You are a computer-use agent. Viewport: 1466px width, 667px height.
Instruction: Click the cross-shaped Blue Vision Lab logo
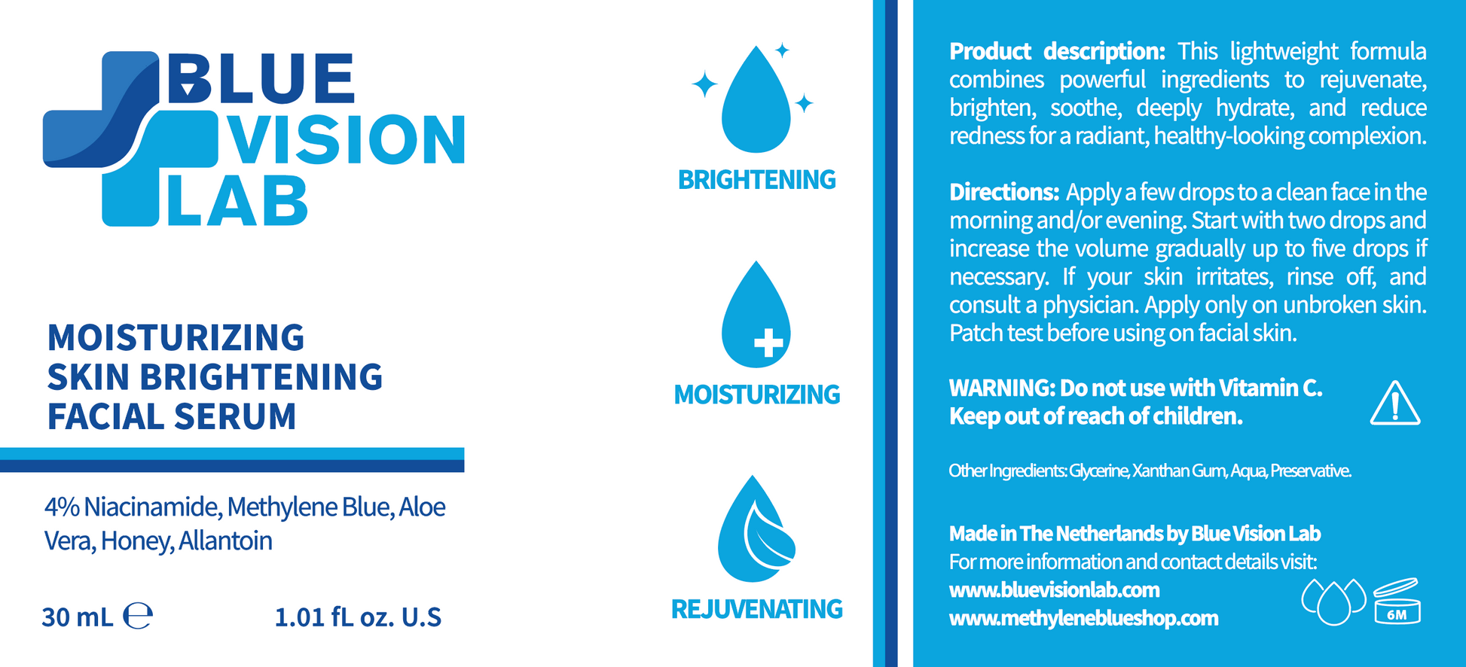click(130, 139)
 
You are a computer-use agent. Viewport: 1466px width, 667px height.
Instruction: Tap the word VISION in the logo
click(347, 139)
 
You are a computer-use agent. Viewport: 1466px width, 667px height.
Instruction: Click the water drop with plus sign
click(756, 315)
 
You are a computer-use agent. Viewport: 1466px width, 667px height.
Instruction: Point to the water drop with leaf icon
click(756, 528)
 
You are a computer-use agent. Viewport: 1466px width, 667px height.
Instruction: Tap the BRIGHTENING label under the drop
click(756, 180)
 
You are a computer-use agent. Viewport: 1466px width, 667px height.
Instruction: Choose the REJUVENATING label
click(756, 609)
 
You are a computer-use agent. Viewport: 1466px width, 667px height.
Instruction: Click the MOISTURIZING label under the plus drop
click(756, 394)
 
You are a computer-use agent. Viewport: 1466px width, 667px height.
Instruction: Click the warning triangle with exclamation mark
click(1395, 404)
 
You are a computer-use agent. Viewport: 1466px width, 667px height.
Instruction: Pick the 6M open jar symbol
click(1397, 601)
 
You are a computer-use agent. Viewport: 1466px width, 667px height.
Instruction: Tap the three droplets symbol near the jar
click(1333, 601)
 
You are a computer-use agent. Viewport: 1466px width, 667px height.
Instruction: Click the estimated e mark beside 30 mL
click(138, 616)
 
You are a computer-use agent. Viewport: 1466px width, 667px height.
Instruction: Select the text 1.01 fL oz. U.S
click(358, 617)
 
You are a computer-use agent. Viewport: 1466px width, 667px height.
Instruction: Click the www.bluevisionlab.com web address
click(1054, 589)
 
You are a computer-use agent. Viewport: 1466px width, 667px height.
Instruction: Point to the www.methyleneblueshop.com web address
click(1083, 618)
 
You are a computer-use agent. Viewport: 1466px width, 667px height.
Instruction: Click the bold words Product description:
click(1057, 51)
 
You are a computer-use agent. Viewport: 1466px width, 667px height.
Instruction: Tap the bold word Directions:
click(1004, 192)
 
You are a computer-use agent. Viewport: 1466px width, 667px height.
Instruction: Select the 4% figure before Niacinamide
click(62, 507)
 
